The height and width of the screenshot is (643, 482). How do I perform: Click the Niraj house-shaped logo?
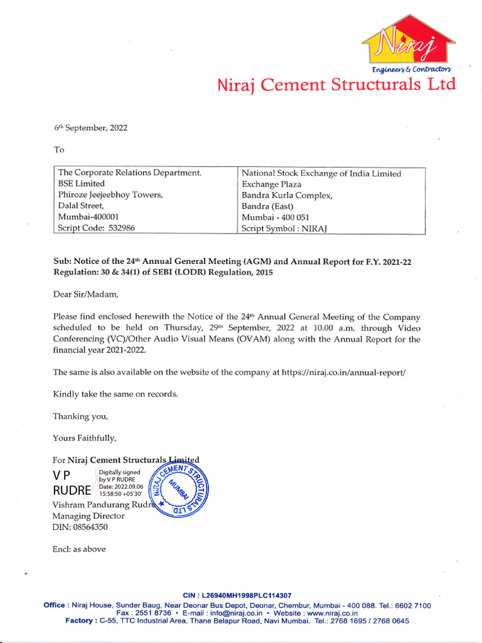[408, 45]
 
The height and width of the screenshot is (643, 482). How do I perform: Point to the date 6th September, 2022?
[90, 128]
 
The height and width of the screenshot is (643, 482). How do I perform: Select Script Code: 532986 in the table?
[96, 228]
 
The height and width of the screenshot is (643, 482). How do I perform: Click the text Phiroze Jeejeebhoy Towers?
[110, 195]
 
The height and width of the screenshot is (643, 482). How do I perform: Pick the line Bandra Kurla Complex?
[287, 195]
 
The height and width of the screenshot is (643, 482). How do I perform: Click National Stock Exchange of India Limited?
[321, 173]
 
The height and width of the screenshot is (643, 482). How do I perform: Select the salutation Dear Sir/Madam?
[85, 294]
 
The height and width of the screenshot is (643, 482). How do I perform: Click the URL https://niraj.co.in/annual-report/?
[344, 372]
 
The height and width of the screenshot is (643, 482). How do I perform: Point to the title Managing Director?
[88, 516]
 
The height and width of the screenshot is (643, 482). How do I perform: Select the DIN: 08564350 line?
[80, 527]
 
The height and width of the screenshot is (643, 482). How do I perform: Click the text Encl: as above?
[79, 549]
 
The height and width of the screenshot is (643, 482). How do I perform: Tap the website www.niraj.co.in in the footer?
[333, 613]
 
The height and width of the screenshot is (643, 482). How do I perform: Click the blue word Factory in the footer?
[82, 621]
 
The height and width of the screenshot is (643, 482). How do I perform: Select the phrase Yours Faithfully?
[85, 438]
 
